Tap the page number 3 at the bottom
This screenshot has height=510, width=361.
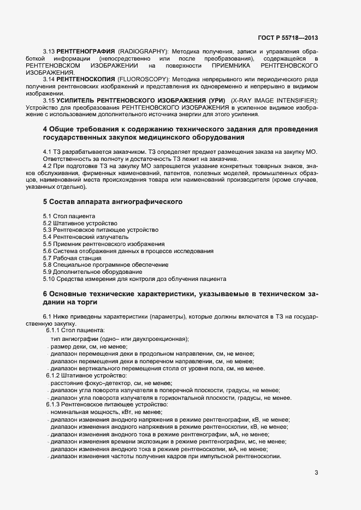(316, 472)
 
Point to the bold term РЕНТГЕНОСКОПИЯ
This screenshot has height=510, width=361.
(78, 80)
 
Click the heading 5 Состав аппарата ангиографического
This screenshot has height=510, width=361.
(113, 202)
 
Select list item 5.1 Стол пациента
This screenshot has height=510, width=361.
(64, 216)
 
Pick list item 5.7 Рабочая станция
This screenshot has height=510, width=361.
(72, 258)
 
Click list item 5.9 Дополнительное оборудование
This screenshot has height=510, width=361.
(93, 272)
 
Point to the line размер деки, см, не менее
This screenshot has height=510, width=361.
(88, 347)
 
